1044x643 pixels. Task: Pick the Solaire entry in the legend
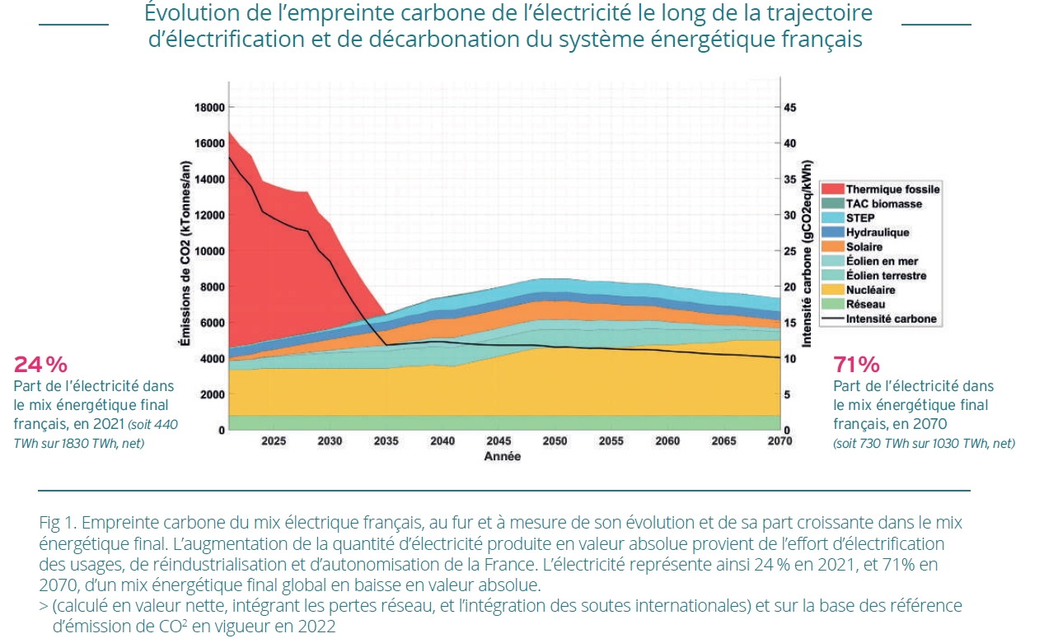tap(864, 247)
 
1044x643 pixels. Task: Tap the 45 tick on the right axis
tap(789, 107)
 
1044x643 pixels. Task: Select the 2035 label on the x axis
tap(386, 441)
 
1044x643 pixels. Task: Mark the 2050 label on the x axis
tap(555, 441)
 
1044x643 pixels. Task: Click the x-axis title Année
tap(502, 456)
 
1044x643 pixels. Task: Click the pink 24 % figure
tap(40, 365)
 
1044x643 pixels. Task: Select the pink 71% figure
tap(857, 365)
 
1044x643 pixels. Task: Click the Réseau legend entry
tap(866, 305)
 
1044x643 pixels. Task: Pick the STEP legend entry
tap(860, 218)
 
